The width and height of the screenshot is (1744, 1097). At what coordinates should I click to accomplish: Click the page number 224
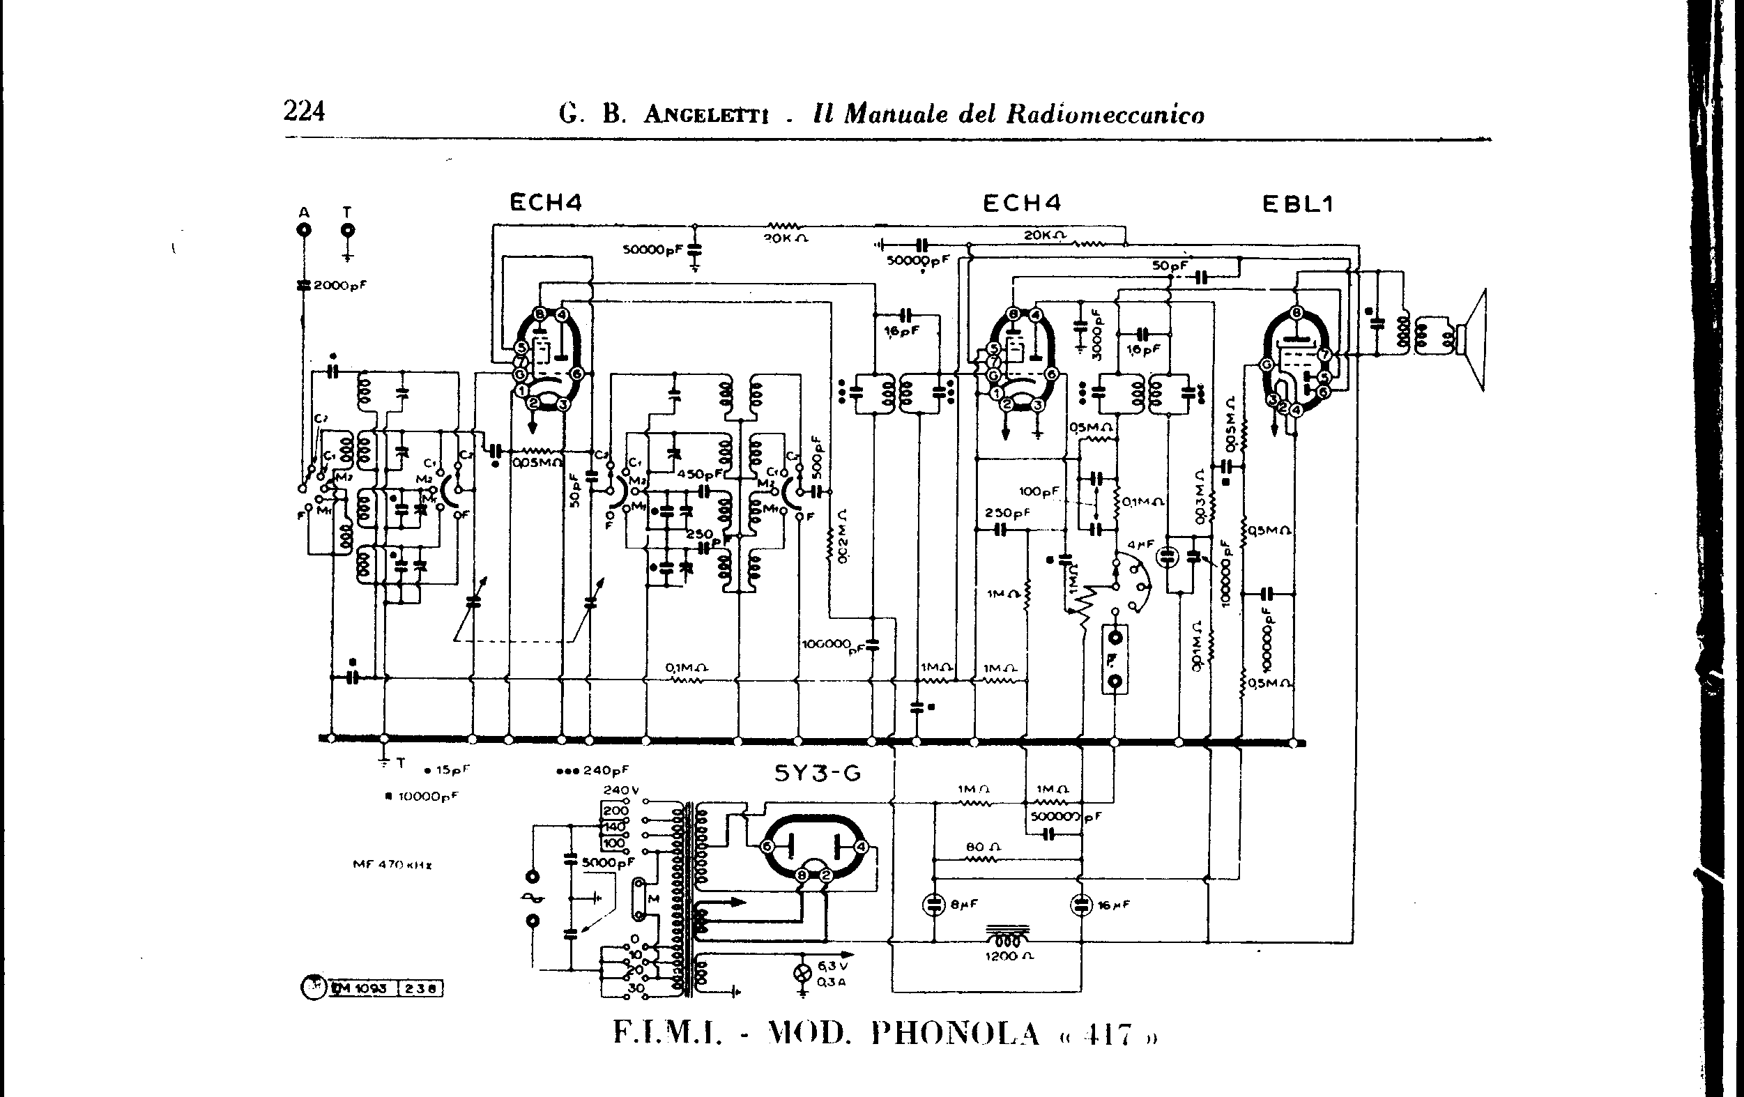(x=304, y=112)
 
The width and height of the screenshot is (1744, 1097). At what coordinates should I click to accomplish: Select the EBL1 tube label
(x=1298, y=205)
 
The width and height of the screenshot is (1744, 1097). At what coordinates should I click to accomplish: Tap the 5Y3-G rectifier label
(x=818, y=774)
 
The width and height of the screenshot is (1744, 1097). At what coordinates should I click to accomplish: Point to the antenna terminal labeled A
(x=304, y=230)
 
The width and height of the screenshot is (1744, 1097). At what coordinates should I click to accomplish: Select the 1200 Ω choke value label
(x=1008, y=956)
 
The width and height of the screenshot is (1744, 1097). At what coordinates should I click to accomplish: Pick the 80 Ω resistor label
(x=983, y=847)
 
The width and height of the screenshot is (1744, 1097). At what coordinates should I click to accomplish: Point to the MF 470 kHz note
(x=392, y=864)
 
